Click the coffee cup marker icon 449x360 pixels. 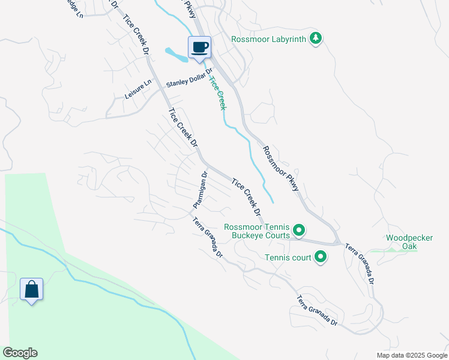click(x=199, y=47)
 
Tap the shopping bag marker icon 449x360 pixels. click(x=31, y=289)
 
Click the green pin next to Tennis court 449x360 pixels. click(x=321, y=258)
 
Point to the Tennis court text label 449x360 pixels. click(x=288, y=258)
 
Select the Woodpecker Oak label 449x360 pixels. click(x=409, y=242)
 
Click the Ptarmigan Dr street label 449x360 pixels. click(x=200, y=191)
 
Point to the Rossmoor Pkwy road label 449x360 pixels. click(x=280, y=168)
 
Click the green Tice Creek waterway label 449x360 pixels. click(x=218, y=92)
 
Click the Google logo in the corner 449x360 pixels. click(x=20, y=353)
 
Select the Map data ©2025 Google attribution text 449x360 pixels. click(x=412, y=355)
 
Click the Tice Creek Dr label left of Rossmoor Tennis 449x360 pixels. click(x=246, y=196)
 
